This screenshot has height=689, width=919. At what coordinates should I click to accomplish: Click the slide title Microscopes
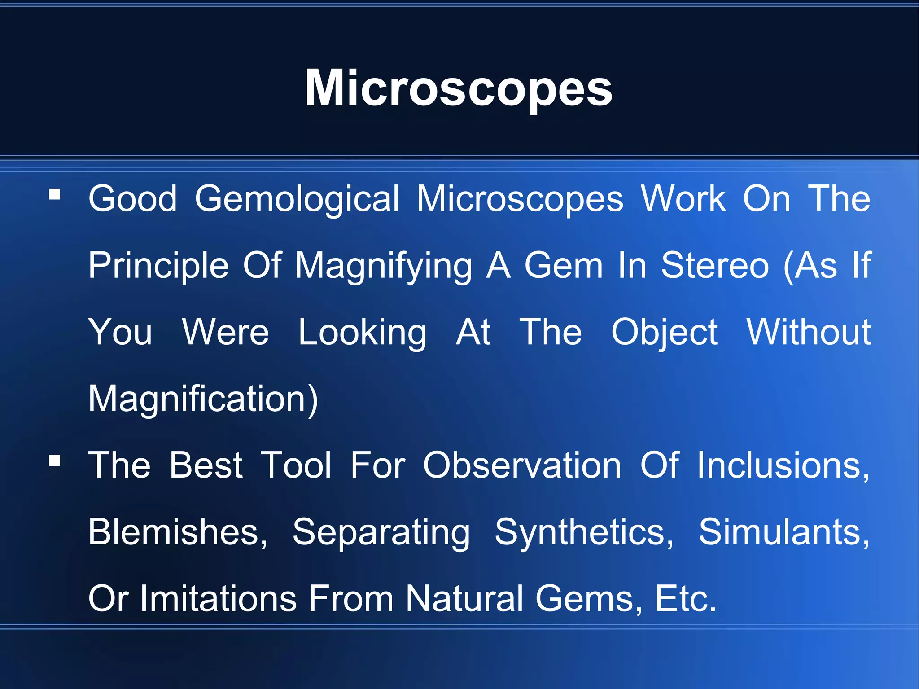459,88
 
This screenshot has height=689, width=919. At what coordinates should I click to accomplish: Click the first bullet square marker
55,194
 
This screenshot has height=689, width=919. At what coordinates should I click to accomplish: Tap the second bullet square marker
55,461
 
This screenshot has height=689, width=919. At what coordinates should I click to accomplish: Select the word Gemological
297,199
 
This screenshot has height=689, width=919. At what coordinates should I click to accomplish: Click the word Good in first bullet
132,198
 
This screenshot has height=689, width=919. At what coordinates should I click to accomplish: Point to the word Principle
158,266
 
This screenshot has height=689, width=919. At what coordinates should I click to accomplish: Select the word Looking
363,333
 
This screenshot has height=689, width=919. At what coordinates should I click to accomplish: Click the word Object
664,333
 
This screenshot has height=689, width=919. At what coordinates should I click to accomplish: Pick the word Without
808,332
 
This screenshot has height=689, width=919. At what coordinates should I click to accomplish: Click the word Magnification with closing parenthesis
203,399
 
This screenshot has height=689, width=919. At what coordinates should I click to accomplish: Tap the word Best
206,465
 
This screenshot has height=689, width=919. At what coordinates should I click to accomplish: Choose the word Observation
522,465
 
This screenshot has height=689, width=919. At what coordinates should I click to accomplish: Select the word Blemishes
177,532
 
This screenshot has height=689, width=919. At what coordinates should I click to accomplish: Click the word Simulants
783,532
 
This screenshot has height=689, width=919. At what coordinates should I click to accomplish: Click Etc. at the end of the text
685,598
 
